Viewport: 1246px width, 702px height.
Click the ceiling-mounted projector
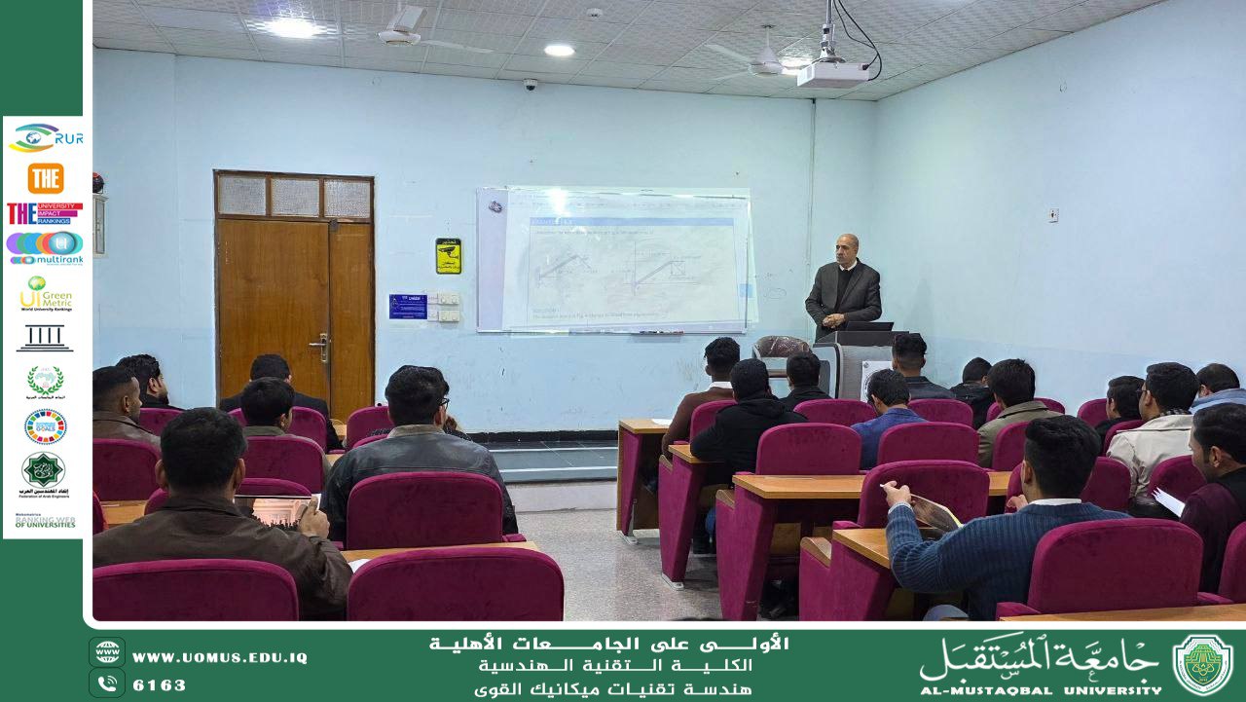tap(832, 74)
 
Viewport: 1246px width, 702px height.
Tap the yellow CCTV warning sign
tap(448, 256)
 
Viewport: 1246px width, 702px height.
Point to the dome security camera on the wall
tap(531, 85)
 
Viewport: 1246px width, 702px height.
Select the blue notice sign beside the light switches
tap(408, 306)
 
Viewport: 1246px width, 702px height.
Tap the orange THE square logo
tap(45, 178)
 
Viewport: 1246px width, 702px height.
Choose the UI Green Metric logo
tap(45, 293)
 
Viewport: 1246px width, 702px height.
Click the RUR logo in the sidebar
tap(45, 138)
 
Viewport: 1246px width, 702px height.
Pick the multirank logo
tap(45, 247)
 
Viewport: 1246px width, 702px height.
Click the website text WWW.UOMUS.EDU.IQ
tap(220, 658)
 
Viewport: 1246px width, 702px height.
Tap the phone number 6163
tap(160, 685)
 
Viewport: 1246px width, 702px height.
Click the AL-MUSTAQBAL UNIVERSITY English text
tap(1040, 689)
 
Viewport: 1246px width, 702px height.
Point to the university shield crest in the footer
tap(1203, 665)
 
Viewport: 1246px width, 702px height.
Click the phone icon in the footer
tap(107, 684)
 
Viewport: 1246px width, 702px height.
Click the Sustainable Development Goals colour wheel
tap(45, 426)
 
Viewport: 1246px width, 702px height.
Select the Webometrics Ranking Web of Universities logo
tap(45, 521)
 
